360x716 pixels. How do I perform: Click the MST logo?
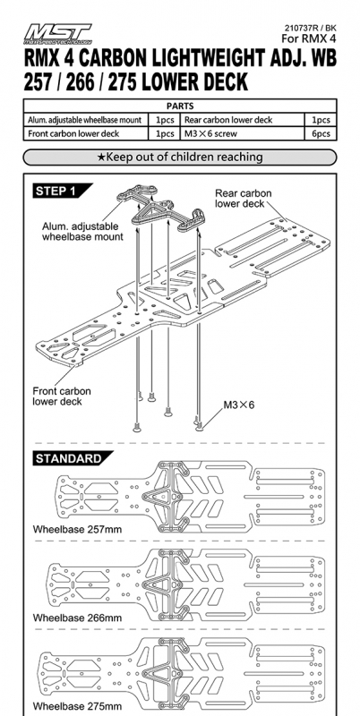point(57,33)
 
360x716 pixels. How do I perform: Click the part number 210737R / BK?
point(310,29)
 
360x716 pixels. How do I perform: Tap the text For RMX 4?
point(309,38)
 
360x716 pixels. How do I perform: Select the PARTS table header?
point(180,106)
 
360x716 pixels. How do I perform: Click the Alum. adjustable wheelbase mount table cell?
point(85,120)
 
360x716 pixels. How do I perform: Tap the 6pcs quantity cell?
point(321,133)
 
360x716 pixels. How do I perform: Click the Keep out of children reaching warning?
point(180,158)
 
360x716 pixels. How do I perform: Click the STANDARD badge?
point(71,458)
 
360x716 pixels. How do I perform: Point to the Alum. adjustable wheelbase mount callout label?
point(82,232)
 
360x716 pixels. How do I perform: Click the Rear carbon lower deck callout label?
point(243,198)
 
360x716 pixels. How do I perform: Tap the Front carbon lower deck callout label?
point(62,396)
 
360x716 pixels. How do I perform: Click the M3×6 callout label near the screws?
point(238,405)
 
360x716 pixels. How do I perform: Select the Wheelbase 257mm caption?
point(77,530)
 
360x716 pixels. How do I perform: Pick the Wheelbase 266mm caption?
point(77,618)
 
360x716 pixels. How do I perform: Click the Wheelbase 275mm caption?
point(77,706)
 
